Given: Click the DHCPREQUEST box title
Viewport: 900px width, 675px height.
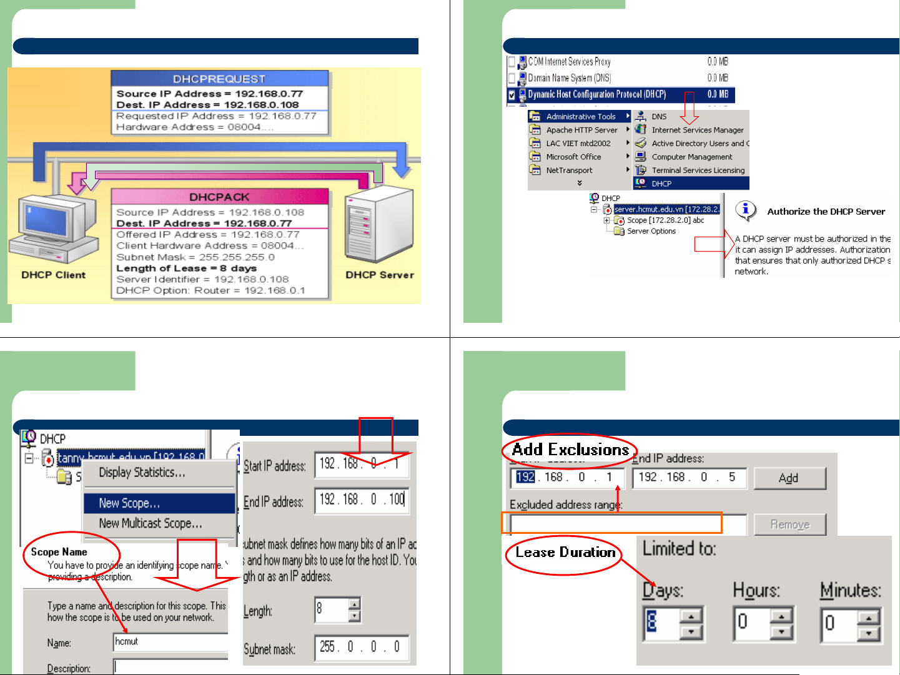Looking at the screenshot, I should (x=219, y=79).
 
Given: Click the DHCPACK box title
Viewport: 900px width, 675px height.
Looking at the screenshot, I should (x=219, y=197).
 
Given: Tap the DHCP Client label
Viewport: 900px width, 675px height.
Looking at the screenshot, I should (x=54, y=275).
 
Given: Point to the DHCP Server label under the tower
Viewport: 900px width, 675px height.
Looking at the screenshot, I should (x=380, y=275).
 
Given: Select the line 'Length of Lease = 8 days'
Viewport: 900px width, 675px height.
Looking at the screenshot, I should (x=186, y=268).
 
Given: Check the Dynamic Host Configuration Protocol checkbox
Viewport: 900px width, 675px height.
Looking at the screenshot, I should (x=512, y=95).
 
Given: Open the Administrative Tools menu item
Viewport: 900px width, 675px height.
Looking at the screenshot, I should (x=580, y=116).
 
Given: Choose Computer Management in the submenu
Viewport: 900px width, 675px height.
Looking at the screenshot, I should (x=691, y=157).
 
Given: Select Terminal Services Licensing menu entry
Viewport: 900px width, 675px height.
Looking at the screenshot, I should (x=698, y=170).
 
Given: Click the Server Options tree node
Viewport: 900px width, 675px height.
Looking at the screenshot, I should (x=651, y=231).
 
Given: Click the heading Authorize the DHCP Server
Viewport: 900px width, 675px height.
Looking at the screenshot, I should (x=826, y=212).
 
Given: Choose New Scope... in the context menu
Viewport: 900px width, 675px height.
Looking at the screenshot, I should (x=129, y=503).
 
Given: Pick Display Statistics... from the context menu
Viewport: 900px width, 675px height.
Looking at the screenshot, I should (x=142, y=472).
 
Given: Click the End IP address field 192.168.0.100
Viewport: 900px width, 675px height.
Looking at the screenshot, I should (x=361, y=500).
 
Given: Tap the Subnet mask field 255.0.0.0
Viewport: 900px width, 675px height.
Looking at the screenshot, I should (x=361, y=647).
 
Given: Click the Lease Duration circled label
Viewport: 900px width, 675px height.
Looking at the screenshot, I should (x=565, y=553).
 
